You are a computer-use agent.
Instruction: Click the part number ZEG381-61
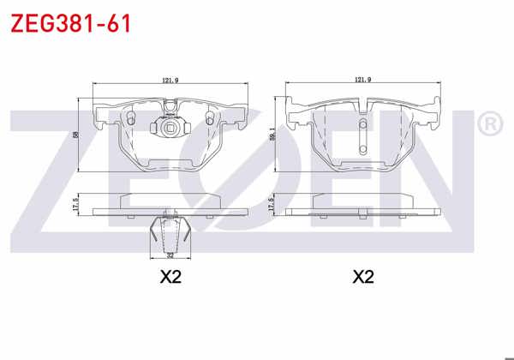70,23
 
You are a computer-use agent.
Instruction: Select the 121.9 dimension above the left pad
170,81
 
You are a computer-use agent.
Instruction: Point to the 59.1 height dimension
272,135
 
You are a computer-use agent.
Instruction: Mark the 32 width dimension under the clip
170,255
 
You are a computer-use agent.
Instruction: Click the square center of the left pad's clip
170,130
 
